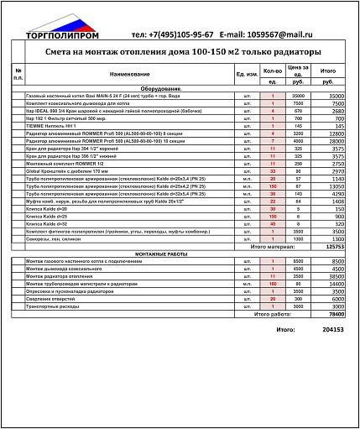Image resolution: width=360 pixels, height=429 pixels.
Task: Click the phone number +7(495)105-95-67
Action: (x=170, y=35)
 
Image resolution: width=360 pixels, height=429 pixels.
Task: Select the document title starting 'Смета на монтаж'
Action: (x=180, y=52)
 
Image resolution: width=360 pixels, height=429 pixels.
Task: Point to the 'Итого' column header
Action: (x=329, y=71)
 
